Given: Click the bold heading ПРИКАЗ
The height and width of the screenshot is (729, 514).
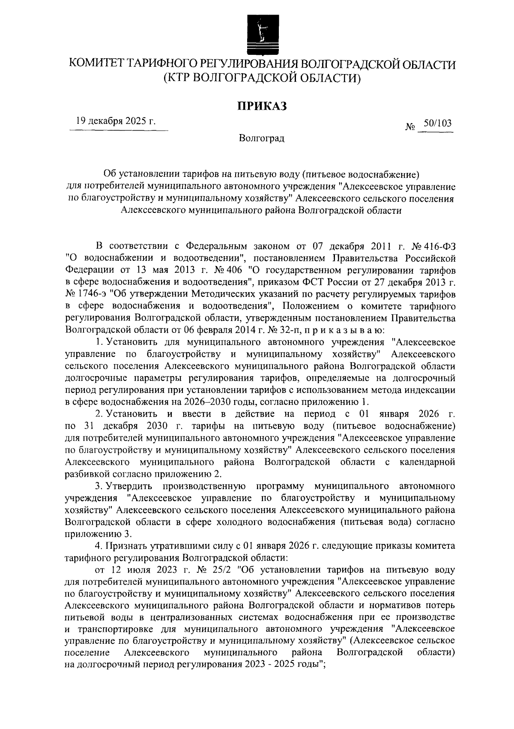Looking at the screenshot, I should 262,105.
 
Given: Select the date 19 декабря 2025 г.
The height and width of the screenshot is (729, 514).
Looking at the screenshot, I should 115,121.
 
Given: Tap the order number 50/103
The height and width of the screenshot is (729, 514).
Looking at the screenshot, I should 437,124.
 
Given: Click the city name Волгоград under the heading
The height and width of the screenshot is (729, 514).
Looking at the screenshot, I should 262,138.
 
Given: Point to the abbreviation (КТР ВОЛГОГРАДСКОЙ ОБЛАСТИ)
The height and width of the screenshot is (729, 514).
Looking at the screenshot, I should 262,78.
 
